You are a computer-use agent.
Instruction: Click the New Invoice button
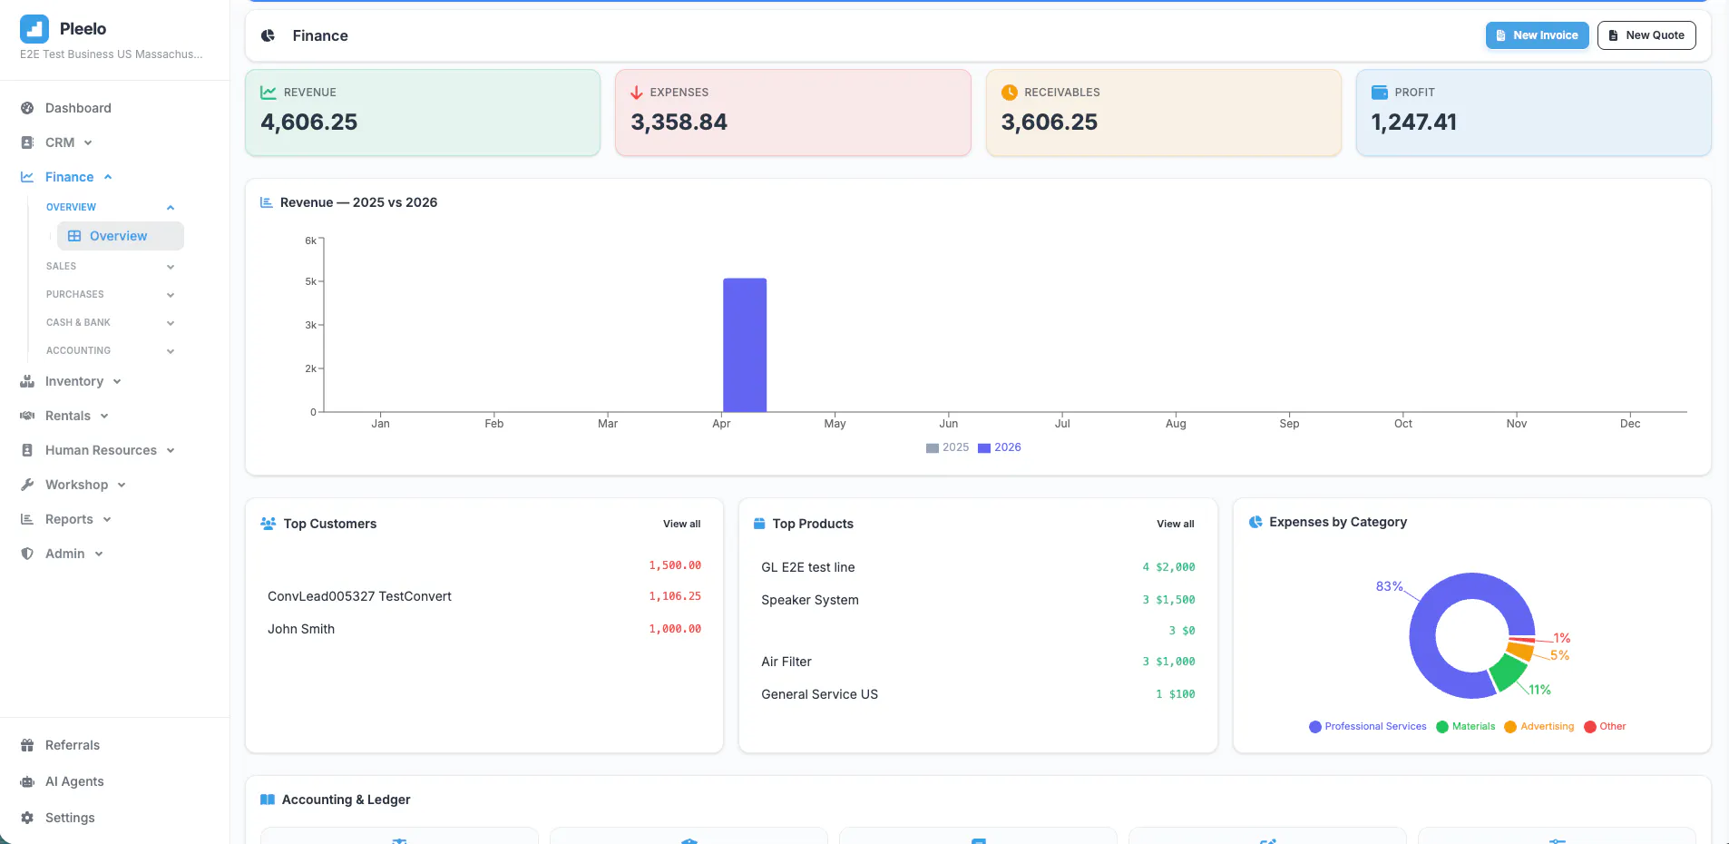click(x=1537, y=35)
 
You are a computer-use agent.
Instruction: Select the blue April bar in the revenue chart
click(x=745, y=345)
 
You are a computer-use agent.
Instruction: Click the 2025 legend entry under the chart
click(x=947, y=447)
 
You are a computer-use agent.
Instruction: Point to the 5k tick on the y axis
click(x=311, y=281)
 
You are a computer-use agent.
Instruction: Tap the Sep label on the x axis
click(x=1289, y=424)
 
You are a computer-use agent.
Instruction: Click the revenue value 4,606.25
click(x=309, y=122)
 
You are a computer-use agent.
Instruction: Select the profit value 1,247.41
click(x=1413, y=122)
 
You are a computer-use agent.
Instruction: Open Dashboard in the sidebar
click(x=78, y=108)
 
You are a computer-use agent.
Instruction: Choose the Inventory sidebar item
click(x=74, y=381)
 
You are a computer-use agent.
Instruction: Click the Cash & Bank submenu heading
click(x=78, y=322)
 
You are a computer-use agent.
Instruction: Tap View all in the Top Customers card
click(x=681, y=524)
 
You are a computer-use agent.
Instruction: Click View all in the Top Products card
click(x=1175, y=524)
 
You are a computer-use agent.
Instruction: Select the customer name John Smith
click(x=301, y=629)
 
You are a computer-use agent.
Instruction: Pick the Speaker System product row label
click(x=810, y=600)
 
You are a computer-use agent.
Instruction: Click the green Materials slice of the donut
click(x=1508, y=672)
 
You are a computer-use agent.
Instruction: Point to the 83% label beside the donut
click(x=1389, y=586)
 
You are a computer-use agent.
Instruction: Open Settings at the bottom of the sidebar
click(x=70, y=818)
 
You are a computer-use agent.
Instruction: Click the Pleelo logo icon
click(x=34, y=29)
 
